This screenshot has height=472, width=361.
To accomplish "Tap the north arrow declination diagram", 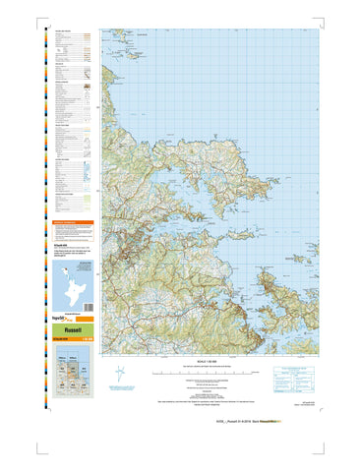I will pyautogui.click(x=120, y=375).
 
